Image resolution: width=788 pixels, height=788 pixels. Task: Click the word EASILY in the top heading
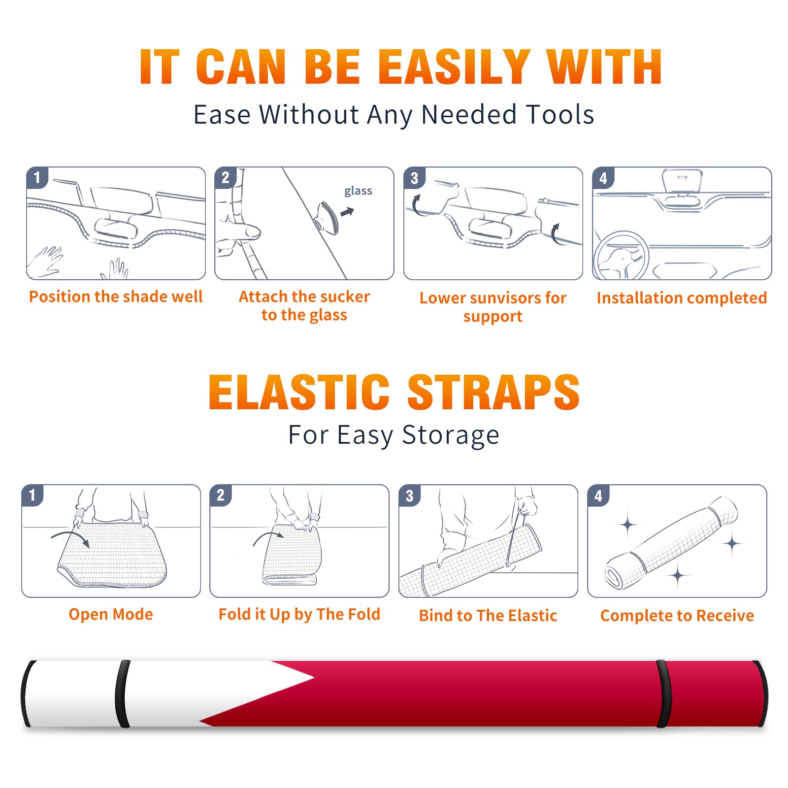(454, 66)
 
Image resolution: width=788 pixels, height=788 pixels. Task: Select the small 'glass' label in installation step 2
(358, 191)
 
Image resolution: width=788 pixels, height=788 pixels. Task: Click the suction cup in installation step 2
(327, 217)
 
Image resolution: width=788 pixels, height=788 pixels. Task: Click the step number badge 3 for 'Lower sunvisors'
(415, 178)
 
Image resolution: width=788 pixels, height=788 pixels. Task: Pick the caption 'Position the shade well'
(116, 296)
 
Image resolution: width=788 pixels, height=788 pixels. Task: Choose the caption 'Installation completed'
(682, 298)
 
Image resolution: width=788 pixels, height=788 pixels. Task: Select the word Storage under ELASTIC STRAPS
(451, 435)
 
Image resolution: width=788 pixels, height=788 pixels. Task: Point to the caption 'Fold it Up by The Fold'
(299, 614)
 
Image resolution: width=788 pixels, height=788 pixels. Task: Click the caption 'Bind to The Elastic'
(488, 616)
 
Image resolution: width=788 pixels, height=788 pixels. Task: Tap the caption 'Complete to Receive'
(677, 616)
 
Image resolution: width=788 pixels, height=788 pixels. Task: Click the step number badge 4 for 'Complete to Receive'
(598, 495)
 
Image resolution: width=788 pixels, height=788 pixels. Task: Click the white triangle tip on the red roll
(313, 678)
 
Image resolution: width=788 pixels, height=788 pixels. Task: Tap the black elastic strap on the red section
(663, 694)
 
